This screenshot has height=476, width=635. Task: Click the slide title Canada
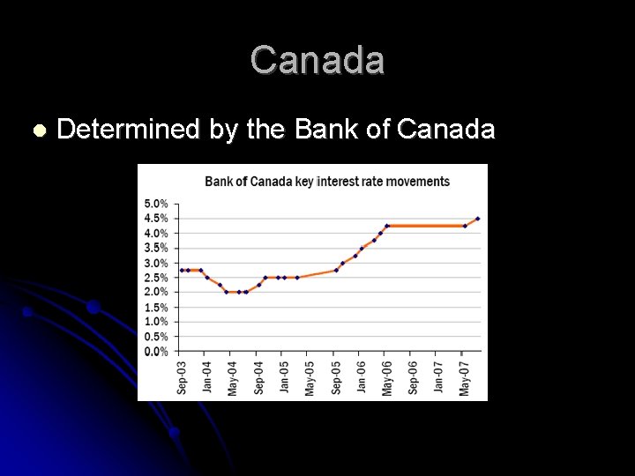[317, 61]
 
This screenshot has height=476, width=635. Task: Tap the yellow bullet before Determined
[37, 130]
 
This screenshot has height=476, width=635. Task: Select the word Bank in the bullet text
[325, 130]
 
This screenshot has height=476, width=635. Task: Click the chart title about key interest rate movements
[327, 182]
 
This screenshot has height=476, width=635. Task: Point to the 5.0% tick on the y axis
[156, 204]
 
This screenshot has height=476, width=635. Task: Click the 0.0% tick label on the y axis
[156, 352]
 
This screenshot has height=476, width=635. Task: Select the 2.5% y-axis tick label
[156, 278]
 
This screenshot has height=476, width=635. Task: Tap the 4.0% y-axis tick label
[156, 234]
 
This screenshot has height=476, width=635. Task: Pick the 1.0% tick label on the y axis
[156, 322]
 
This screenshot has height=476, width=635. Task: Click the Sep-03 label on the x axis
[182, 376]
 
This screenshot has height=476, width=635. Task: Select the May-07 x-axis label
[465, 376]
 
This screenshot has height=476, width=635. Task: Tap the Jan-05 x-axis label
[285, 376]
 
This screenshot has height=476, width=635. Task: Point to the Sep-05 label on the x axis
[336, 376]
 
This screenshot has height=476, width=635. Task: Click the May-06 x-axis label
[387, 376]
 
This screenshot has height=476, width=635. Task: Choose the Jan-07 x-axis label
[439, 376]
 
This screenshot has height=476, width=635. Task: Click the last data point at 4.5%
[477, 219]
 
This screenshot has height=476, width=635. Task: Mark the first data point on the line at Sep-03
[182, 270]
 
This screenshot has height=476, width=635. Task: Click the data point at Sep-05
[336, 270]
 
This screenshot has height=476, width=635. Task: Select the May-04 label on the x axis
[233, 376]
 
